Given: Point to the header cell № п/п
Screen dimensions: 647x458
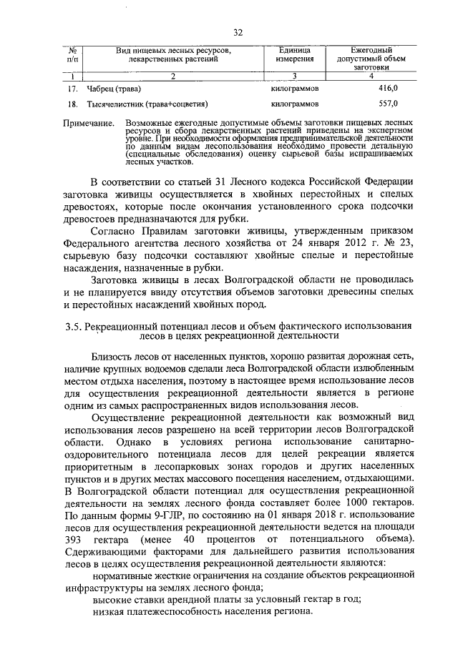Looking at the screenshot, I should tap(72, 54).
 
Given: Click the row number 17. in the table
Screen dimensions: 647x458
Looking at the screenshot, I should tap(72, 89).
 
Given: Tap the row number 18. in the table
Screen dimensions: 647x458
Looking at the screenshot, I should tap(72, 104).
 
